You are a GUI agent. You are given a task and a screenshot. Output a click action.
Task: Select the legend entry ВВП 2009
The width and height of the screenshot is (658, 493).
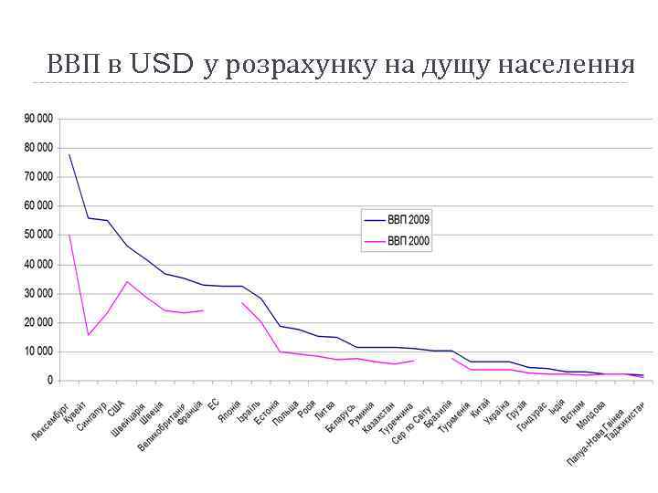click(x=409, y=220)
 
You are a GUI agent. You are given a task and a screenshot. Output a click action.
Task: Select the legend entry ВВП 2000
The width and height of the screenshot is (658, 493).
click(x=409, y=242)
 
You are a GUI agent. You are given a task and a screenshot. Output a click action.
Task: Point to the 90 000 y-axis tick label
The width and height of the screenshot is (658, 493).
click(x=37, y=119)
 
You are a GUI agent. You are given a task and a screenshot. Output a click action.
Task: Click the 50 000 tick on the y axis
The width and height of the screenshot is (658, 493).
click(x=37, y=235)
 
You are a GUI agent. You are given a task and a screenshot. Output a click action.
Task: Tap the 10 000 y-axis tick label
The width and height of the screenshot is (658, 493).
click(x=37, y=351)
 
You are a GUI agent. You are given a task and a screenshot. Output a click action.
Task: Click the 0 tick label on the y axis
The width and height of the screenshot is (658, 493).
click(x=49, y=381)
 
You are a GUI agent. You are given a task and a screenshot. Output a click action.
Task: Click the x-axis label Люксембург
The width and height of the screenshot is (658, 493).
click(x=52, y=422)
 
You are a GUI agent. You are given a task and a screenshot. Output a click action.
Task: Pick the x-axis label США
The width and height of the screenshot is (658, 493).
click(x=117, y=406)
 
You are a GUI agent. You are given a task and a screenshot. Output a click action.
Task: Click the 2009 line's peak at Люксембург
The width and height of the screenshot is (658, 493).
click(x=69, y=154)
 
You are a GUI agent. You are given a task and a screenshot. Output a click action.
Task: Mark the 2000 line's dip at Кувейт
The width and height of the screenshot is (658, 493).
click(x=89, y=335)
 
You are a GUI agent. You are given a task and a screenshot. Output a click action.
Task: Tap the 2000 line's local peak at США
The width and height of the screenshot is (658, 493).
click(x=127, y=281)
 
